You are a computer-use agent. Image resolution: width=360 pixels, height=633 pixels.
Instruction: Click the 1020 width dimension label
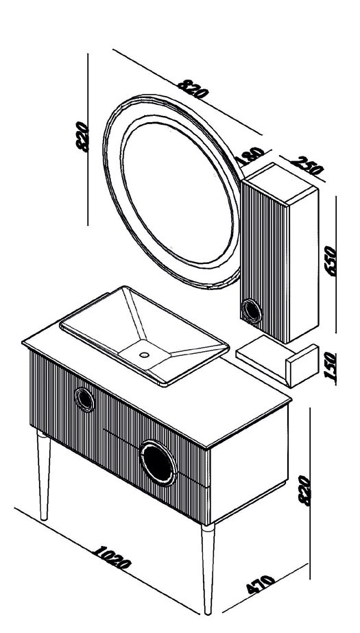tap(111, 558)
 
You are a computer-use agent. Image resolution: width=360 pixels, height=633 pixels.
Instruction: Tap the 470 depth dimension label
tap(261, 584)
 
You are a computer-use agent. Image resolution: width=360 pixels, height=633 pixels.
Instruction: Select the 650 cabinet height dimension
tap(331, 261)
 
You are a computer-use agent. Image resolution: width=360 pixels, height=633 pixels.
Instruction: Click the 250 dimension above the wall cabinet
tap(307, 165)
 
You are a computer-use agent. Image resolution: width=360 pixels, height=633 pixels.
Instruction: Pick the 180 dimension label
tap(250, 156)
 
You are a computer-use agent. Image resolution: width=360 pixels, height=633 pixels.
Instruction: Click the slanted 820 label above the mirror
tap(193, 88)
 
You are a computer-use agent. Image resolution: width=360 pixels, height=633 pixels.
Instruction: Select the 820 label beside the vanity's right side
tap(304, 490)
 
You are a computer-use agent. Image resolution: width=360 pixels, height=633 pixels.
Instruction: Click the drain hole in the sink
tap(144, 355)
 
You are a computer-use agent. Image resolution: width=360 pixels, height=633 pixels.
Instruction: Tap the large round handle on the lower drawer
tap(158, 463)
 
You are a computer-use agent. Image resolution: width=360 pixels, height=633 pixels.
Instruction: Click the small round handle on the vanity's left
tap(84, 400)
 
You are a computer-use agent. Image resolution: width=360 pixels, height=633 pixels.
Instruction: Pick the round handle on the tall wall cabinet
tap(252, 311)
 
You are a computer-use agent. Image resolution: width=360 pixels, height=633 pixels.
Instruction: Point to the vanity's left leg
tap(44, 475)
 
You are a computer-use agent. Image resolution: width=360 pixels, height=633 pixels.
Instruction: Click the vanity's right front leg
tap(208, 569)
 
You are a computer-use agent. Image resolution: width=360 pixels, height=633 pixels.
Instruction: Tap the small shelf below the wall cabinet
tap(277, 361)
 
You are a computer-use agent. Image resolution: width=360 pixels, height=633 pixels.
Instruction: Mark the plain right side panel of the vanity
tap(249, 464)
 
